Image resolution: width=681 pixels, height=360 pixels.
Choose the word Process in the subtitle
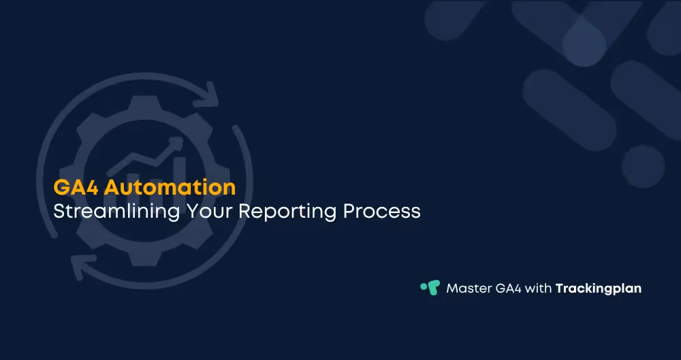(382, 211)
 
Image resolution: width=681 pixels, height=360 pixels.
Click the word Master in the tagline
(469, 288)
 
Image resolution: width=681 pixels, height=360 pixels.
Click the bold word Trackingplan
(599, 288)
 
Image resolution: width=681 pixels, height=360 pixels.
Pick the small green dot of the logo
(424, 286)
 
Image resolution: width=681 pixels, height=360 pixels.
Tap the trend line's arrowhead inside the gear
(178, 142)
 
